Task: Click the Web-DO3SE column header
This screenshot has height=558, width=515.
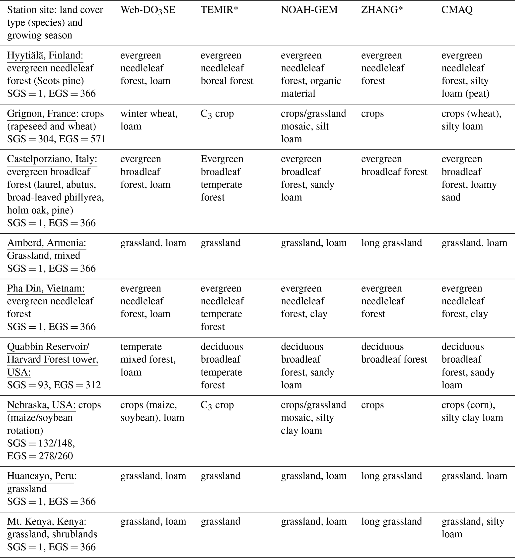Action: point(148,10)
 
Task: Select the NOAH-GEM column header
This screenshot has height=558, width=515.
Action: point(309,10)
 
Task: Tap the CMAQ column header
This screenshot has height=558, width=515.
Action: point(457,10)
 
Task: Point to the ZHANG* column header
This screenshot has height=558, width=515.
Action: point(382,10)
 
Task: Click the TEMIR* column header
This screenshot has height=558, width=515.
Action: point(219,10)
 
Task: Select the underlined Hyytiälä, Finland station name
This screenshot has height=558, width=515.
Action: point(45,56)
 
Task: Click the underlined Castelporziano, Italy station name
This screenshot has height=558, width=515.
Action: point(52,159)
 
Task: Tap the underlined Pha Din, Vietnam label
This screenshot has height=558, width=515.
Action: point(46,288)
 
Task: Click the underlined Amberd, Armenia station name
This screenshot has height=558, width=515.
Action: point(47,243)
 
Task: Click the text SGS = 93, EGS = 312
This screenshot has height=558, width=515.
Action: point(54,385)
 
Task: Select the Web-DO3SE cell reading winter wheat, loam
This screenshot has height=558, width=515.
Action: point(149,120)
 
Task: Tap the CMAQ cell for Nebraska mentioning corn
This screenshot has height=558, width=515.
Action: point(472,411)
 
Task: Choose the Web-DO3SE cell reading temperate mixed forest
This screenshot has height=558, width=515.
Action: point(148,359)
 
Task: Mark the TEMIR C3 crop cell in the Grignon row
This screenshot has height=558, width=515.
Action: point(217,114)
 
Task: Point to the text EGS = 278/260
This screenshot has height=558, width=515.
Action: point(40,456)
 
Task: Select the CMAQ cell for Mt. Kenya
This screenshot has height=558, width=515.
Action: point(473,528)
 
